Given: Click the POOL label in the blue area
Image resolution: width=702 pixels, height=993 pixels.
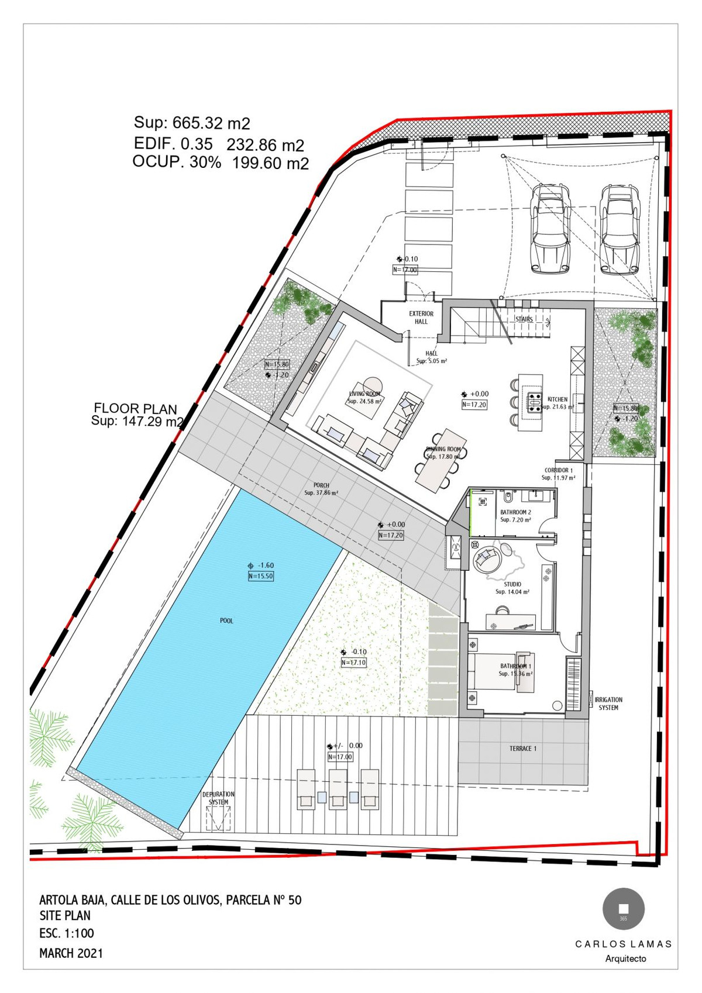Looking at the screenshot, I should point(226,620).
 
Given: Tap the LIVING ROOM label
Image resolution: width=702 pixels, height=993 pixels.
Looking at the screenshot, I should point(364,394).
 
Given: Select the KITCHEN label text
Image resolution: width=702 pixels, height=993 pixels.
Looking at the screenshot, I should point(557,399).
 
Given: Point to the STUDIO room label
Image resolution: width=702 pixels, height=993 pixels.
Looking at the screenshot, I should point(512,584).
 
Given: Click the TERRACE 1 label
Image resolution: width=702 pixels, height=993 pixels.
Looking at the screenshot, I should point(522,749).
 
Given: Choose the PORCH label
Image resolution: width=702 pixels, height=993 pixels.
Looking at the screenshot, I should point(321,485).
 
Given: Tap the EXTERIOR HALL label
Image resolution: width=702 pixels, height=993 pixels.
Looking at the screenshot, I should point(421,318).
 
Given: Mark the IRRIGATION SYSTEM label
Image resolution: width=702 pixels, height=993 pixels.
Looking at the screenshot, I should point(608,704).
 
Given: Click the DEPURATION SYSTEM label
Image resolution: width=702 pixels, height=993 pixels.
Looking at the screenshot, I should point(218,798).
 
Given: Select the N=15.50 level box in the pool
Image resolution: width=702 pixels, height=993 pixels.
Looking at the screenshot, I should point(261,576).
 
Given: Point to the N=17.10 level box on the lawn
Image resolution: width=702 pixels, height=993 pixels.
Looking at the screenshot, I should point(353,663).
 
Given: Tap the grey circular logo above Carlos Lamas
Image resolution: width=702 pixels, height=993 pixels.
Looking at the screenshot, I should point(624,909).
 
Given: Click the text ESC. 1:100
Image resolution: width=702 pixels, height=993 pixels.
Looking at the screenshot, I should point(67,933).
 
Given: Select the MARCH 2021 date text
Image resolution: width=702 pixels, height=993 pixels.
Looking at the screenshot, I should point(71,953).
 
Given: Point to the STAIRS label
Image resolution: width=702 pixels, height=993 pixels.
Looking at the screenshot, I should point(524,319).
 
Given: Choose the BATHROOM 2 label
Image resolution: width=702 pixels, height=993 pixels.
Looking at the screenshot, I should point(515,512).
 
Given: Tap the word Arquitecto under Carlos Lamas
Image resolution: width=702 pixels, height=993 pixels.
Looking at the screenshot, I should point(625,958).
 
